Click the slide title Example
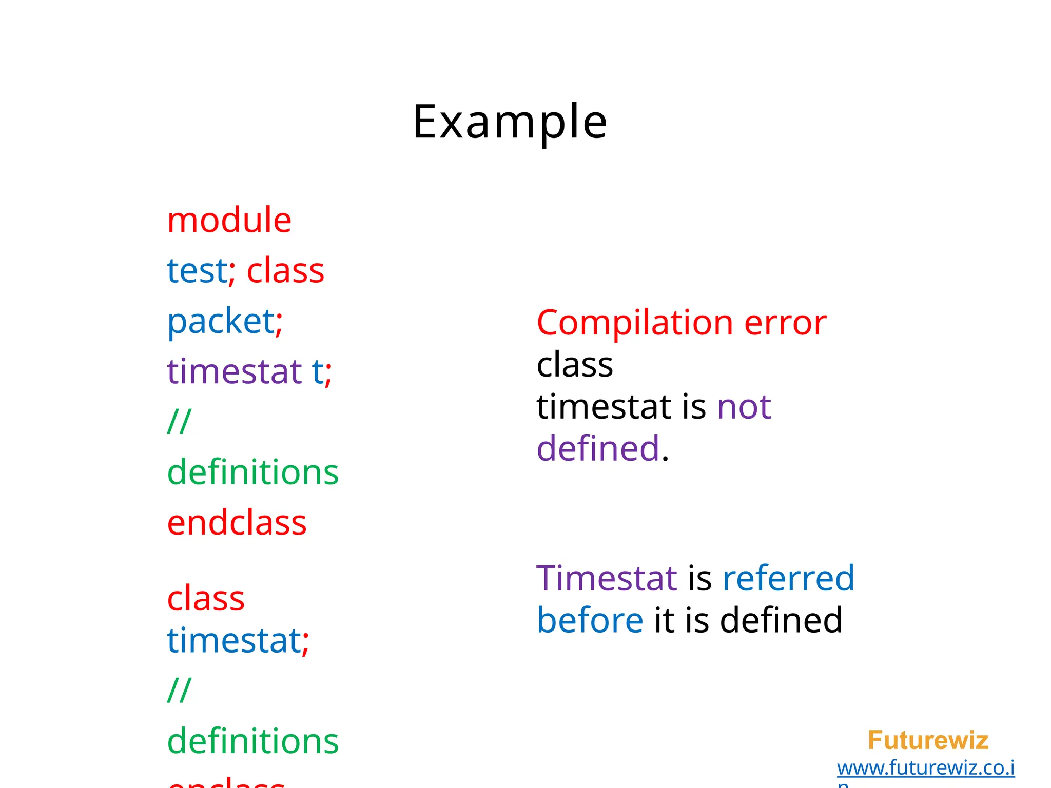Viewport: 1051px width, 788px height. pyautogui.click(x=510, y=122)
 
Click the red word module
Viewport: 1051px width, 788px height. pyautogui.click(x=229, y=220)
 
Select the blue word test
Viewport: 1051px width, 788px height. pyautogui.click(x=197, y=270)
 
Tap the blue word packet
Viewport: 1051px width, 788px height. pyautogui.click(x=221, y=321)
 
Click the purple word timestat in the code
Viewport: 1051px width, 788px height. pyautogui.click(x=234, y=371)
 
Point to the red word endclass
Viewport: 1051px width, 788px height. pyautogui.click(x=237, y=523)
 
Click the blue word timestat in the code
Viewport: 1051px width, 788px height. pyautogui.click(x=233, y=640)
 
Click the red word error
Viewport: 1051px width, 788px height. pyautogui.click(x=785, y=323)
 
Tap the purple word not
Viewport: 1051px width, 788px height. pyautogui.click(x=744, y=407)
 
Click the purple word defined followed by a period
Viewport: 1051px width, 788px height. pyautogui.click(x=598, y=448)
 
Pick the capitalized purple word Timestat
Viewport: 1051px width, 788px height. pyautogui.click(x=607, y=578)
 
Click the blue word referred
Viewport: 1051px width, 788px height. pyautogui.click(x=788, y=578)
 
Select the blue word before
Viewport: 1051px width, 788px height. pyautogui.click(x=590, y=620)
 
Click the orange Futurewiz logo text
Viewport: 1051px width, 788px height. pyautogui.click(x=928, y=740)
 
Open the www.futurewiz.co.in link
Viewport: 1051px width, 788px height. pyautogui.click(x=925, y=768)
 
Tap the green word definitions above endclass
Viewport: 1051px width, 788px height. pyautogui.click(x=252, y=472)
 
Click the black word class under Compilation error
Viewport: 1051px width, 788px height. pyautogui.click(x=575, y=365)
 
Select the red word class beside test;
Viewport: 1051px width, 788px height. pyautogui.click(x=285, y=270)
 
